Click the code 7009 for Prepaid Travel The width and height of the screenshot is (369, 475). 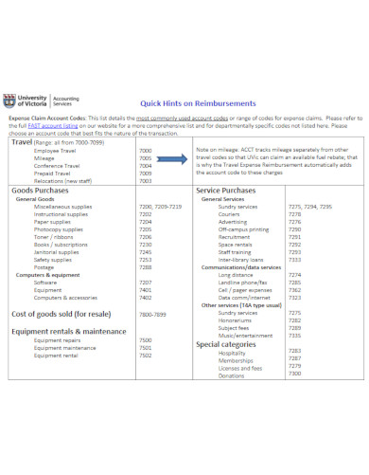(x=145, y=174)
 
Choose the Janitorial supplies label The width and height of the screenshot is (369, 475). (x=59, y=251)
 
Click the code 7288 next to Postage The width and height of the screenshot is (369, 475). (x=145, y=266)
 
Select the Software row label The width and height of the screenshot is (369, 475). (x=45, y=283)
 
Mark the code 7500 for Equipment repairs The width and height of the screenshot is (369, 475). (x=145, y=339)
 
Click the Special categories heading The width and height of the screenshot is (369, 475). (x=233, y=344)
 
